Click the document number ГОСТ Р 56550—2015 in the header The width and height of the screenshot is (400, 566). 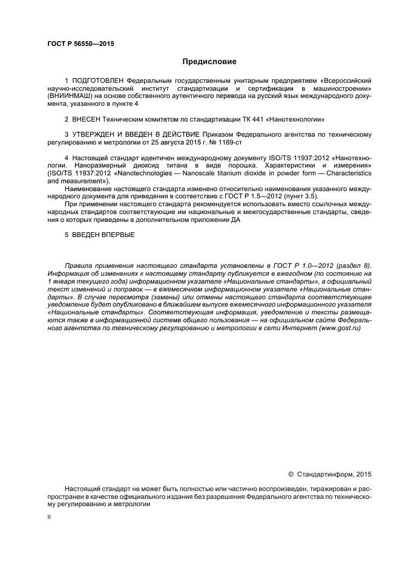pyautogui.click(x=80, y=44)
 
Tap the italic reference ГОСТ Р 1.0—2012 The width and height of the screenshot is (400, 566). pyautogui.click(x=300, y=265)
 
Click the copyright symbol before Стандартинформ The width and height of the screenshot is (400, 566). pyautogui.click(x=290, y=473)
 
